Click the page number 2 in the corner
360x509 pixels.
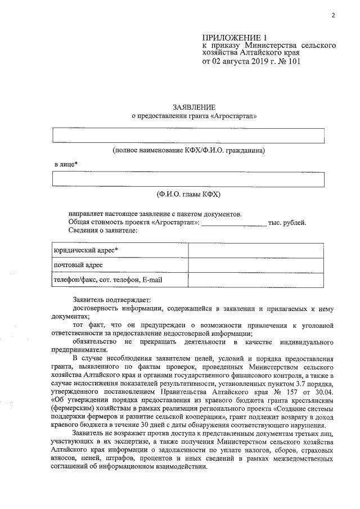(333, 15)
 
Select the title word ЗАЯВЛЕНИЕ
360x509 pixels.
(193, 107)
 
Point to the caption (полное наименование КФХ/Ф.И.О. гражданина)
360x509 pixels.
(188, 151)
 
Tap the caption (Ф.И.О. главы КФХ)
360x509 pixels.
(188, 194)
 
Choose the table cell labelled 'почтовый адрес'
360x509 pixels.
(78, 264)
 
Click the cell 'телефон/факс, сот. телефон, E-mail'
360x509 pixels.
(110, 279)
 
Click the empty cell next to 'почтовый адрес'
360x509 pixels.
(256, 264)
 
